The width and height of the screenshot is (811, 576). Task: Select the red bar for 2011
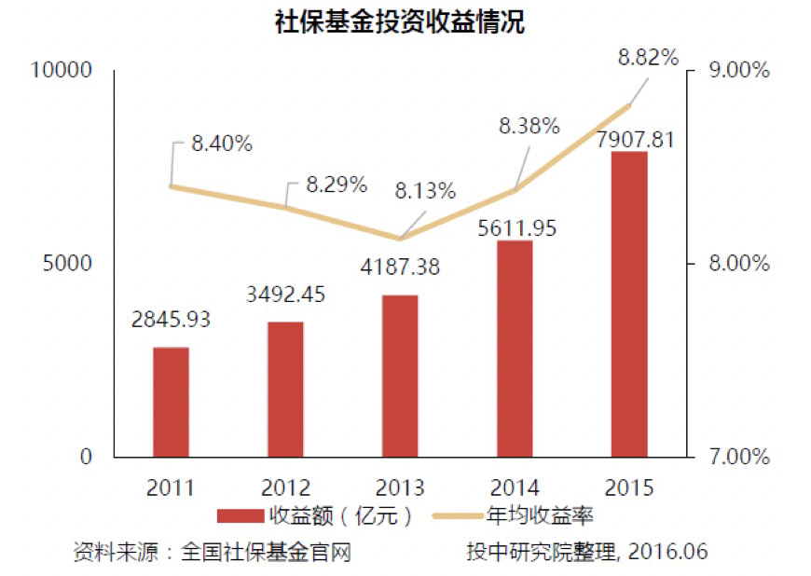click(171, 402)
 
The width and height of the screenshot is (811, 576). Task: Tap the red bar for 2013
click(400, 376)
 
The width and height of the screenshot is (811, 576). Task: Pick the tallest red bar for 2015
click(628, 304)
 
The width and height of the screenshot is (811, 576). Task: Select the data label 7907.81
click(628, 140)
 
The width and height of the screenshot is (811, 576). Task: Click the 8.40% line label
click(222, 144)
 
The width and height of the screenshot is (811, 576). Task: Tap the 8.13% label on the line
click(425, 191)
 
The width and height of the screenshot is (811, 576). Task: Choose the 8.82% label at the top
click(648, 58)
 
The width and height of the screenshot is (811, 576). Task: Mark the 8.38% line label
click(529, 125)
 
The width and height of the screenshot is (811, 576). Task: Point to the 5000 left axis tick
click(67, 264)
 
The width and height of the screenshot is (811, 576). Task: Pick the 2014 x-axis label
click(514, 487)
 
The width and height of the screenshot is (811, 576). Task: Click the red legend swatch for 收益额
click(240, 515)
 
